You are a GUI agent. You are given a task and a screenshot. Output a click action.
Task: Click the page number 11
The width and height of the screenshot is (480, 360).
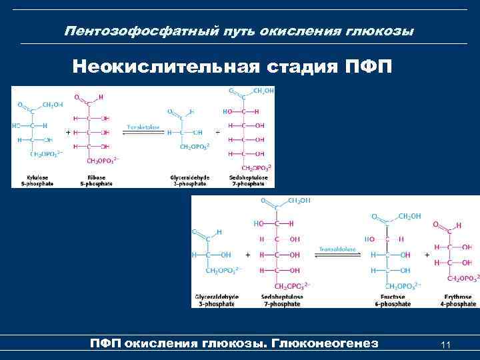[447, 345]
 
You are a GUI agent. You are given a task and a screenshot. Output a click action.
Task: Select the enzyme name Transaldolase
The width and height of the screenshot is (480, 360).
[340, 249]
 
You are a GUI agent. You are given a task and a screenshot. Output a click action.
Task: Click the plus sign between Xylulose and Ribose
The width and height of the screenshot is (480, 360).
[68, 132]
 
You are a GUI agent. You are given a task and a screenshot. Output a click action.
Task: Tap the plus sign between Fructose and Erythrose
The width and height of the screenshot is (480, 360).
[426, 255]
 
